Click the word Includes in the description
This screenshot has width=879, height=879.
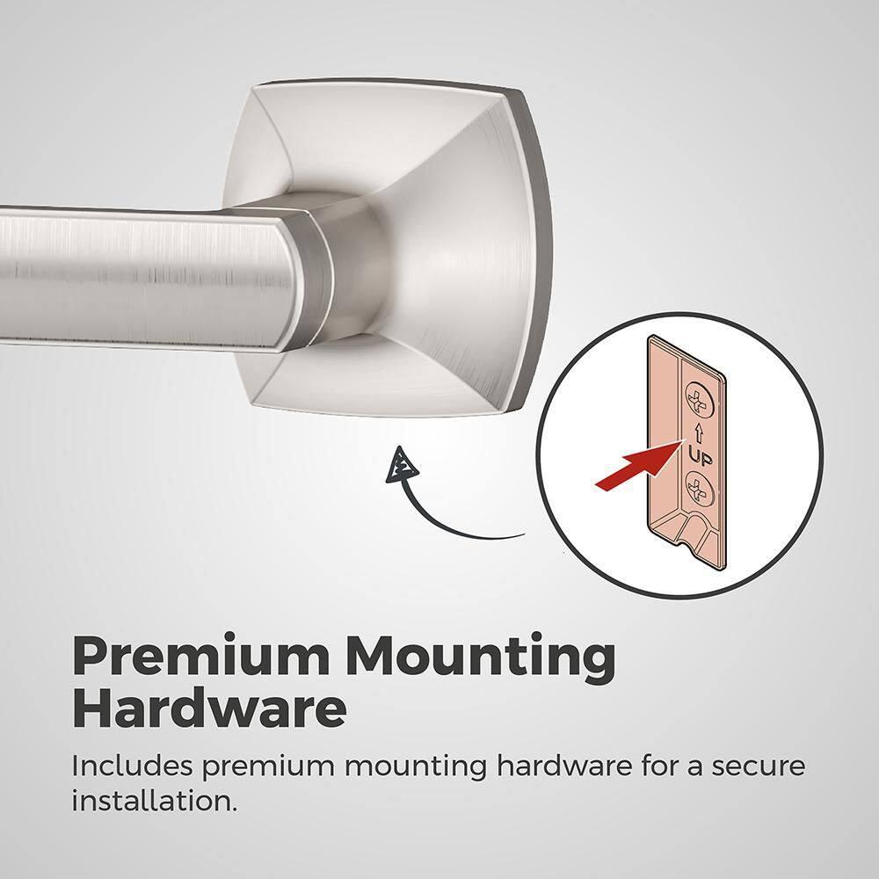132,766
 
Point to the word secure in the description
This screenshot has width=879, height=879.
759,767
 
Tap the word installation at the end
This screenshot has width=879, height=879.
154,801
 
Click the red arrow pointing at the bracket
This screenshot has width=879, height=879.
639,464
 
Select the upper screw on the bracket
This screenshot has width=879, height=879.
701,397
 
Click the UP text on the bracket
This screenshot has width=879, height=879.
701,458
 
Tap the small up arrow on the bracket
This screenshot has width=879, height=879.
699,432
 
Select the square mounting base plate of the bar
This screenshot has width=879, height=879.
392,247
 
